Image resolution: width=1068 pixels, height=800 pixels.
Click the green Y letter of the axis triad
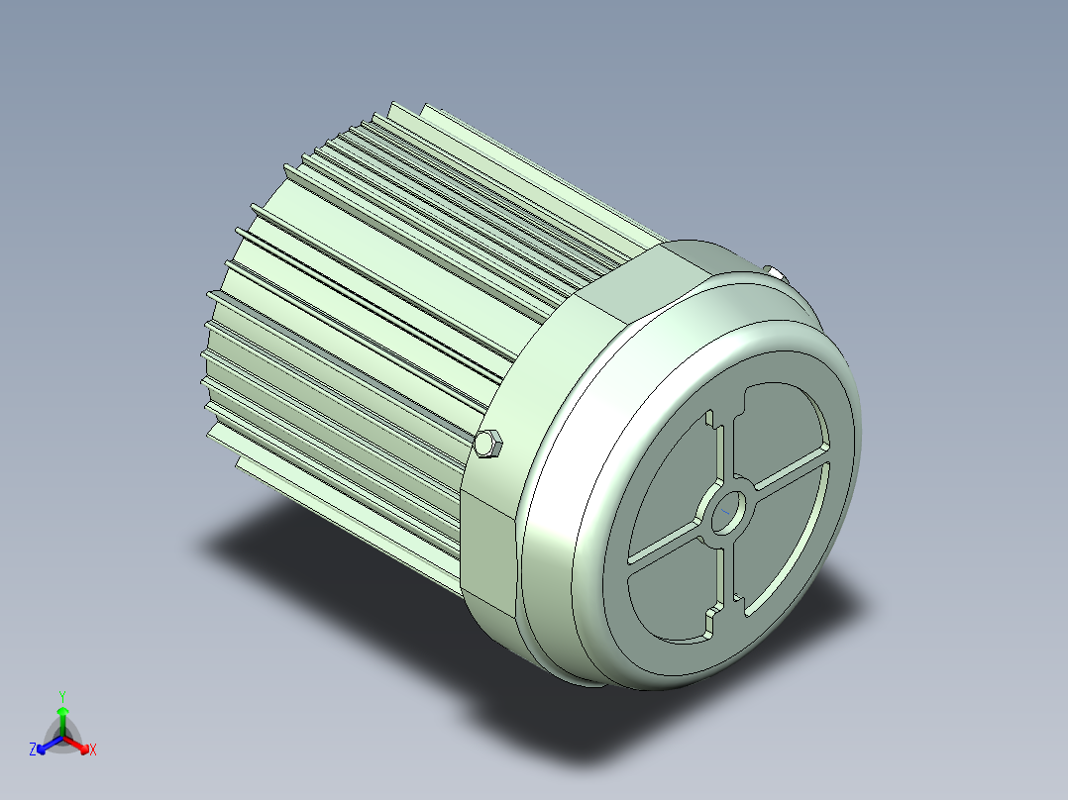click(61, 695)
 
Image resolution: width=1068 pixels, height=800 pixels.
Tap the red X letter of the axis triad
click(92, 750)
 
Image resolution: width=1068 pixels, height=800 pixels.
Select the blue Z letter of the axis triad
click(33, 750)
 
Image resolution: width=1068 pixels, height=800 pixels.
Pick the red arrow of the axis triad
click(79, 743)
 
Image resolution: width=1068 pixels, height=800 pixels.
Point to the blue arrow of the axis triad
click(47, 744)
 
